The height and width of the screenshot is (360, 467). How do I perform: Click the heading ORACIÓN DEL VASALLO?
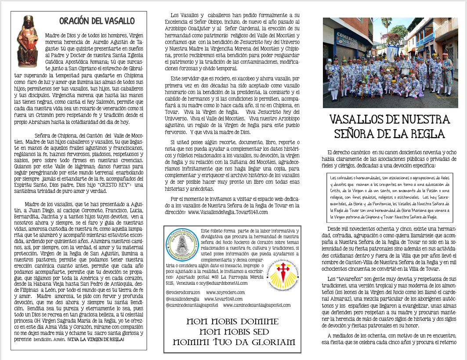point(97,21)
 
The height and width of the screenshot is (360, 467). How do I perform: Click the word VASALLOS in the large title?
point(364,120)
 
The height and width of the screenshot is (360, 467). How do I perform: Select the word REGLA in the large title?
point(423,134)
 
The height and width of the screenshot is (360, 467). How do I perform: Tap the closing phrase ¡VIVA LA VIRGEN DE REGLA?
point(95,340)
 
